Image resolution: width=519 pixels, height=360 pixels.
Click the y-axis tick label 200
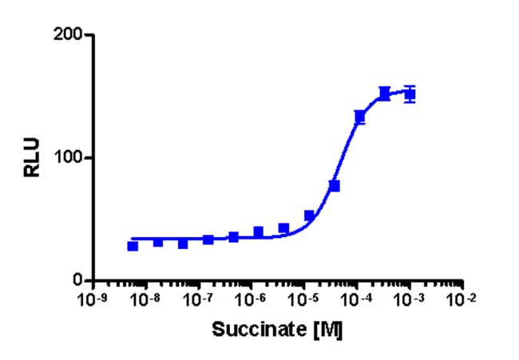[x=68, y=34]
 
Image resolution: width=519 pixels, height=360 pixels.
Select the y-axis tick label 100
[x=68, y=158]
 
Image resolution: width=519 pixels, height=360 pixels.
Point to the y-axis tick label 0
[x=77, y=281]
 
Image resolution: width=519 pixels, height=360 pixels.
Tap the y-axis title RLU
[x=32, y=157]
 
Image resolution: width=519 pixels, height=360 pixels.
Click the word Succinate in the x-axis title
[x=259, y=329]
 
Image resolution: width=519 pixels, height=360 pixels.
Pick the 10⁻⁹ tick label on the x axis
[x=92, y=299]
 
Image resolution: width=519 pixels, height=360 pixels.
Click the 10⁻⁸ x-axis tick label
[x=145, y=299]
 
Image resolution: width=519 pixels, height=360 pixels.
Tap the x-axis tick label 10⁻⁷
[x=197, y=299]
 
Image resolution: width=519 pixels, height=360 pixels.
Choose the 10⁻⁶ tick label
[x=251, y=299]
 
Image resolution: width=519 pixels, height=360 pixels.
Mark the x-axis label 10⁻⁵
[x=303, y=299]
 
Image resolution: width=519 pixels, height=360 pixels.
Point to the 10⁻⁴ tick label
[x=356, y=299]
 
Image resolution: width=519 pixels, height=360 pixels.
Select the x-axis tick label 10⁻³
[x=409, y=299]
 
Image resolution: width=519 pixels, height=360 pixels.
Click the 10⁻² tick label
[x=462, y=299]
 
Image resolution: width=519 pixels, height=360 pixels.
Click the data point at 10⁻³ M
[x=410, y=94]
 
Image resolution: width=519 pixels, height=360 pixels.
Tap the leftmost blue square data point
[x=133, y=246]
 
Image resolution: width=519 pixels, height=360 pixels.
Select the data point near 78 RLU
[x=335, y=186]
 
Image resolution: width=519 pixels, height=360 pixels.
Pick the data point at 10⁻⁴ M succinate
[x=360, y=117]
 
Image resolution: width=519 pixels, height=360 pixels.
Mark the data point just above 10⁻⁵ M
[x=309, y=216]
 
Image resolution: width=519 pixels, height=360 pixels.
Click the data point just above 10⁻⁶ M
[x=259, y=232]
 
